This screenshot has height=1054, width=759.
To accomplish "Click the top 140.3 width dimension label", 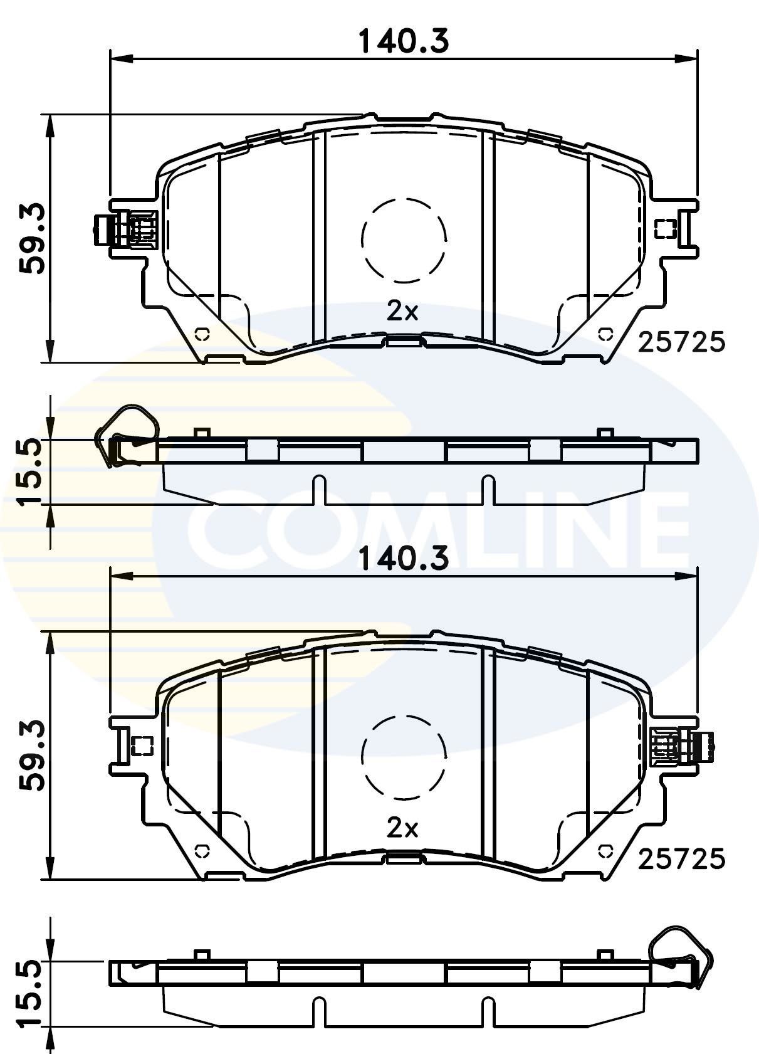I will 404,42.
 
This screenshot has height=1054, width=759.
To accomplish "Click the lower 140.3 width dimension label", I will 404,558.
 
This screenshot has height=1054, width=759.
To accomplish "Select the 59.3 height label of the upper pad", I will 31,238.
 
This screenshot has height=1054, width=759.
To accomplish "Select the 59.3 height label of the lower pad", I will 31,756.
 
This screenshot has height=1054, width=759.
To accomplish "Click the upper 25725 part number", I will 681,342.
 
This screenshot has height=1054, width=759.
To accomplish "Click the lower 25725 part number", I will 681,859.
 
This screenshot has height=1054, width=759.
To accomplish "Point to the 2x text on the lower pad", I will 402,828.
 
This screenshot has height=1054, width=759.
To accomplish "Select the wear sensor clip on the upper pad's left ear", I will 125,229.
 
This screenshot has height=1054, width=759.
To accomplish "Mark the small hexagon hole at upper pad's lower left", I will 202,334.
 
